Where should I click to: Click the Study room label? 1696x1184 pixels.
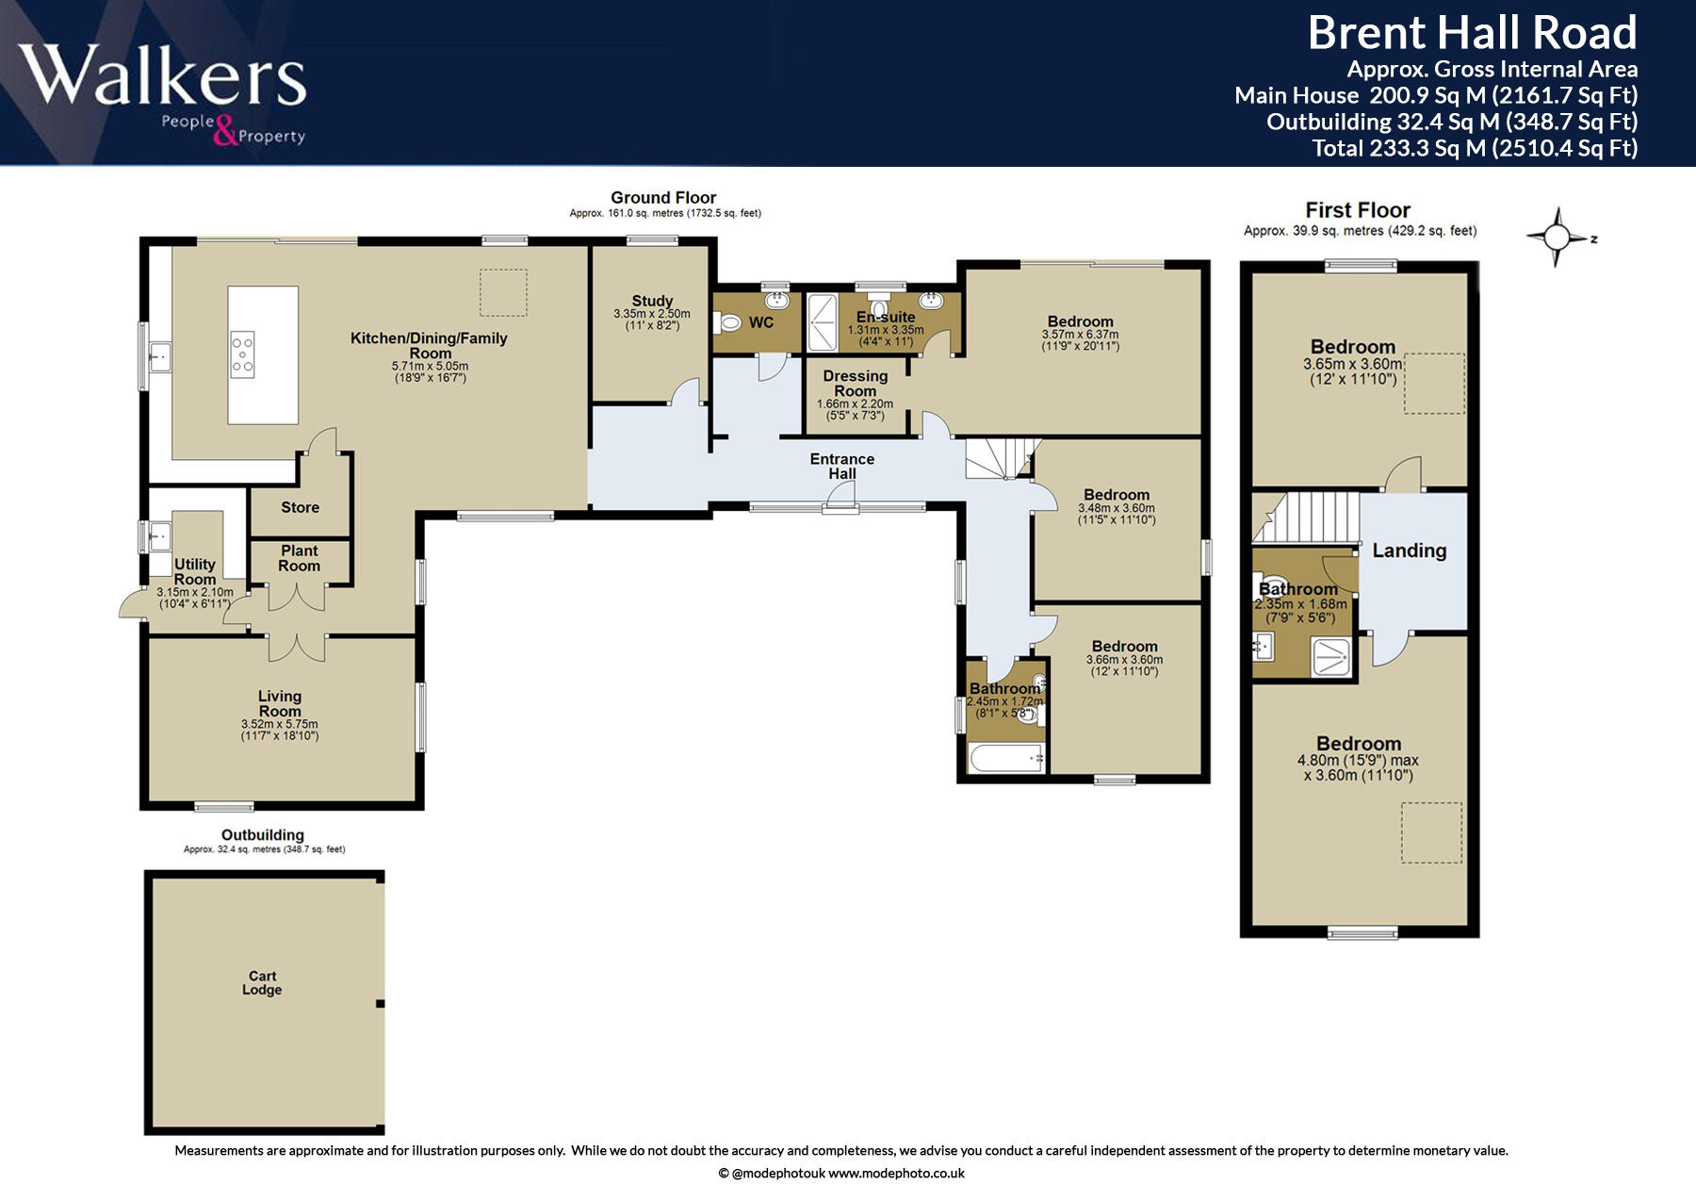[x=652, y=301]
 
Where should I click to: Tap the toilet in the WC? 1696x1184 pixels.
[x=728, y=322]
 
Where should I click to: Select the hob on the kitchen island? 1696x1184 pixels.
[x=242, y=354]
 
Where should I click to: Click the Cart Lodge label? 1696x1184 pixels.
[x=262, y=983]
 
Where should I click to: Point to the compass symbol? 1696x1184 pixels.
[x=1557, y=237]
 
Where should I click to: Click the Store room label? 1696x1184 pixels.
[x=300, y=507]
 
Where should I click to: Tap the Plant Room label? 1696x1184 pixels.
[x=300, y=558]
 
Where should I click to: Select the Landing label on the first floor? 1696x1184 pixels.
[x=1409, y=551]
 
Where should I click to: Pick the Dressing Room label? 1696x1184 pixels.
[x=856, y=383]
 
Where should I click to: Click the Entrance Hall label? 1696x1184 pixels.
[x=842, y=466]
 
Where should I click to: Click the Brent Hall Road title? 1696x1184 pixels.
[x=1472, y=33]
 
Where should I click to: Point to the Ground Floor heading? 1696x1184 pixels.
[x=663, y=197]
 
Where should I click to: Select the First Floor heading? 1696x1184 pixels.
[x=1358, y=210]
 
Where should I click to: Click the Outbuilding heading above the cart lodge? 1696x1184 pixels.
[x=263, y=834]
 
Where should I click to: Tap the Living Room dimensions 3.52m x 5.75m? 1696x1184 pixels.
[x=280, y=724]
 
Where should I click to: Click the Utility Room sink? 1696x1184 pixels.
[x=157, y=536]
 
